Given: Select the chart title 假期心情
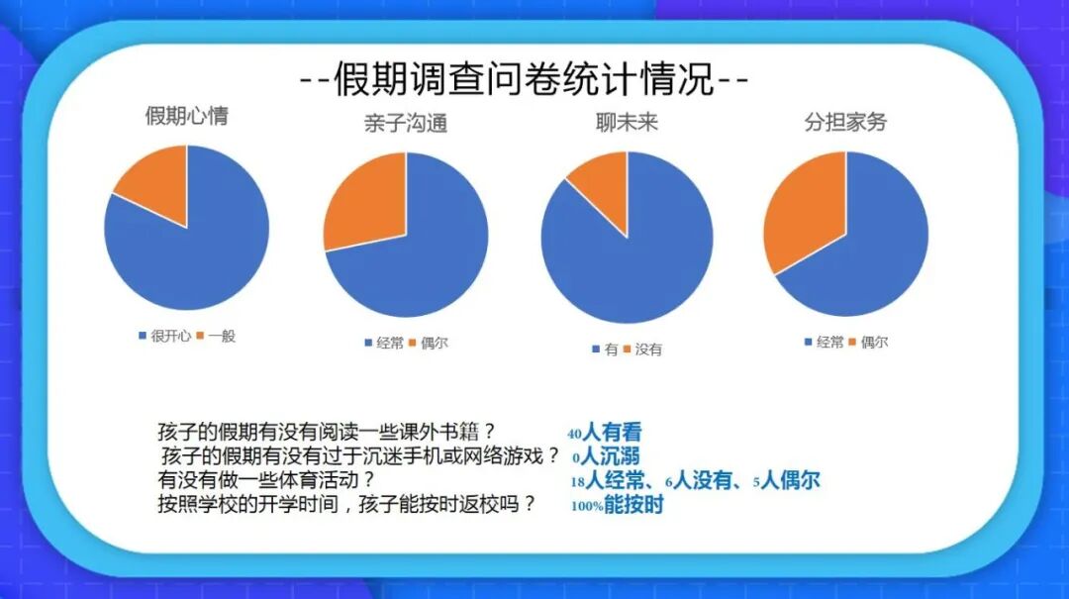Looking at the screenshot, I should pos(186,116).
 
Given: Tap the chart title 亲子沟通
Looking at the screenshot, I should pos(405,124).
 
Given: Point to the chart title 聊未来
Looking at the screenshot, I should pos(627,124).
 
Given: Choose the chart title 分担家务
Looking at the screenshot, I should pos(845,123).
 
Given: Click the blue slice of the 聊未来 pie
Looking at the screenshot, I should pos(633,262).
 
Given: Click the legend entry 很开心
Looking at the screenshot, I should pos(164,337).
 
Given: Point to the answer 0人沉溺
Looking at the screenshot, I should pos(606,456).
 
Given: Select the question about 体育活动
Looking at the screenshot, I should pos(266,480).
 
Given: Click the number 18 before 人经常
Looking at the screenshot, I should pos(578,482).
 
